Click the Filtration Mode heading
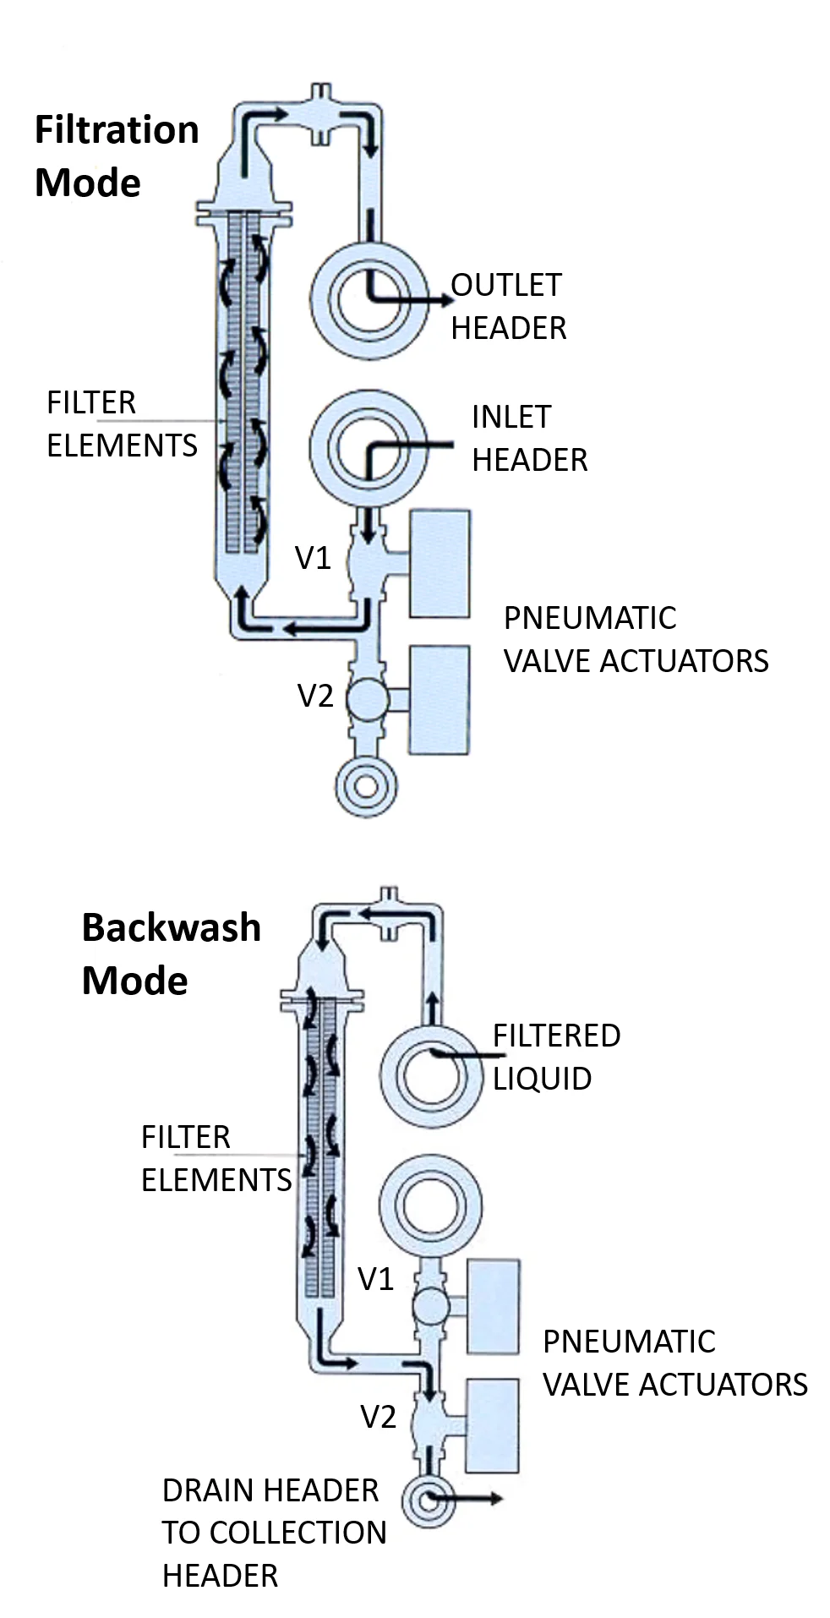click(x=117, y=156)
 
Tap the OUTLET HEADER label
click(x=507, y=306)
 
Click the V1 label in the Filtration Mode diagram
click(x=313, y=559)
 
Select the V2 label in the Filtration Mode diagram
click(x=315, y=697)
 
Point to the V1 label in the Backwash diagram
click(x=376, y=1280)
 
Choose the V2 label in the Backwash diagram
click(x=379, y=1417)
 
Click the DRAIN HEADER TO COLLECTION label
click(x=274, y=1511)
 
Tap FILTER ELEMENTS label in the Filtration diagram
click(x=122, y=424)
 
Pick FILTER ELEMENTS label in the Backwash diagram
click(x=216, y=1158)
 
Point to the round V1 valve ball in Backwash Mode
click(x=431, y=1306)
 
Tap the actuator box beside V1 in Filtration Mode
click(x=439, y=563)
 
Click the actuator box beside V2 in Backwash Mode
click(x=492, y=1426)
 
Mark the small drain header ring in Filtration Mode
click(x=366, y=786)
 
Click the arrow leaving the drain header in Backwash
click(x=469, y=1499)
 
